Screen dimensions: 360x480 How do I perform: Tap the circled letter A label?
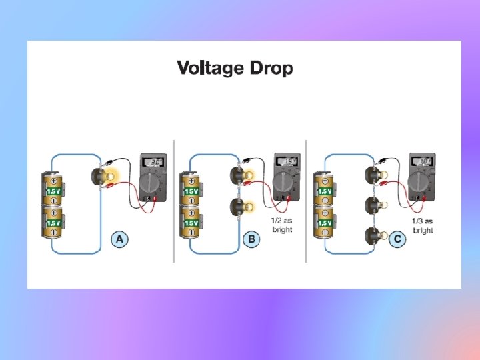click(119, 239)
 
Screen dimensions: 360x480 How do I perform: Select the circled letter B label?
click(252, 239)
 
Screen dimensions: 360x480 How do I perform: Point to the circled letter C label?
click(397, 239)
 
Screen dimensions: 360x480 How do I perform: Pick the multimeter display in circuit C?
click(423, 162)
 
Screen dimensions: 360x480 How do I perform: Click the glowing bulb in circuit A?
click(104, 176)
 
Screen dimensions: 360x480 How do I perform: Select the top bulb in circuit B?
click(239, 175)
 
